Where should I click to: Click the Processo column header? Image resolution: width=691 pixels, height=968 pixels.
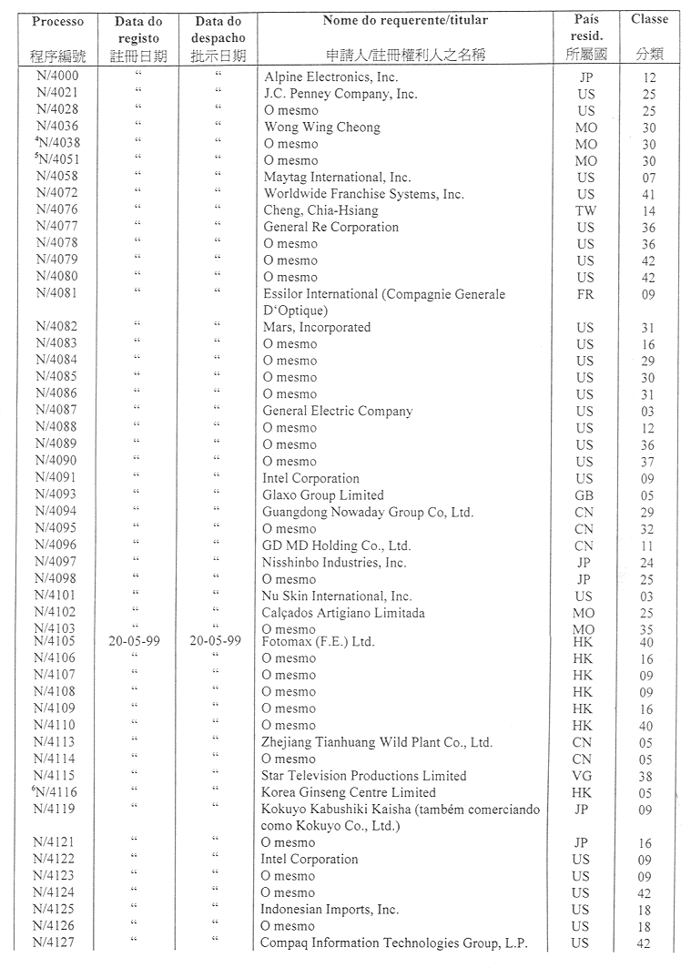click(x=56, y=20)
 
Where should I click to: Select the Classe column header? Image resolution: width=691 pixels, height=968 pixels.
click(x=649, y=19)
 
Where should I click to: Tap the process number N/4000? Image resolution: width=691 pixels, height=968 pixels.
click(x=56, y=77)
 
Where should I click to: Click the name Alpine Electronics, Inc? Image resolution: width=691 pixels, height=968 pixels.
click(x=330, y=77)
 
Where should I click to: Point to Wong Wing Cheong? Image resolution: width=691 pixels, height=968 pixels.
click(x=321, y=127)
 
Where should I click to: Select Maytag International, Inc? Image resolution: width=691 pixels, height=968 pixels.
click(x=337, y=178)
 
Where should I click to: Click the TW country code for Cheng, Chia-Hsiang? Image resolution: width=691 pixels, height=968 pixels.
click(x=585, y=211)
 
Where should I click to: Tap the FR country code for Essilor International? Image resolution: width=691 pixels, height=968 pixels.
click(x=585, y=295)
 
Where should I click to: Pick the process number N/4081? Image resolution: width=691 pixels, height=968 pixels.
click(x=56, y=293)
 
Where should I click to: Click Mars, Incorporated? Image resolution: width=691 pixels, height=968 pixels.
click(x=316, y=328)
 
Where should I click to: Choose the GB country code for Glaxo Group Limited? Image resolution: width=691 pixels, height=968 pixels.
click(x=584, y=495)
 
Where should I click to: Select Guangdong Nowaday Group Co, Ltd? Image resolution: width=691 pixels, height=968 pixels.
click(x=368, y=513)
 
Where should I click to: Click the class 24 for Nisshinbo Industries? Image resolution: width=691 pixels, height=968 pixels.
click(x=647, y=564)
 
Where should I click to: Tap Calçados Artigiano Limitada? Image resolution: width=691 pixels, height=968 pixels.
click(x=343, y=613)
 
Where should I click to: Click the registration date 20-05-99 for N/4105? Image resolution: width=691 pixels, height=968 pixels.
click(x=134, y=641)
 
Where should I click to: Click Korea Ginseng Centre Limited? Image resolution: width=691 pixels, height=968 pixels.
click(x=348, y=792)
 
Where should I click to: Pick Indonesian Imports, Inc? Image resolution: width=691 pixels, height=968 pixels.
click(x=330, y=910)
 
